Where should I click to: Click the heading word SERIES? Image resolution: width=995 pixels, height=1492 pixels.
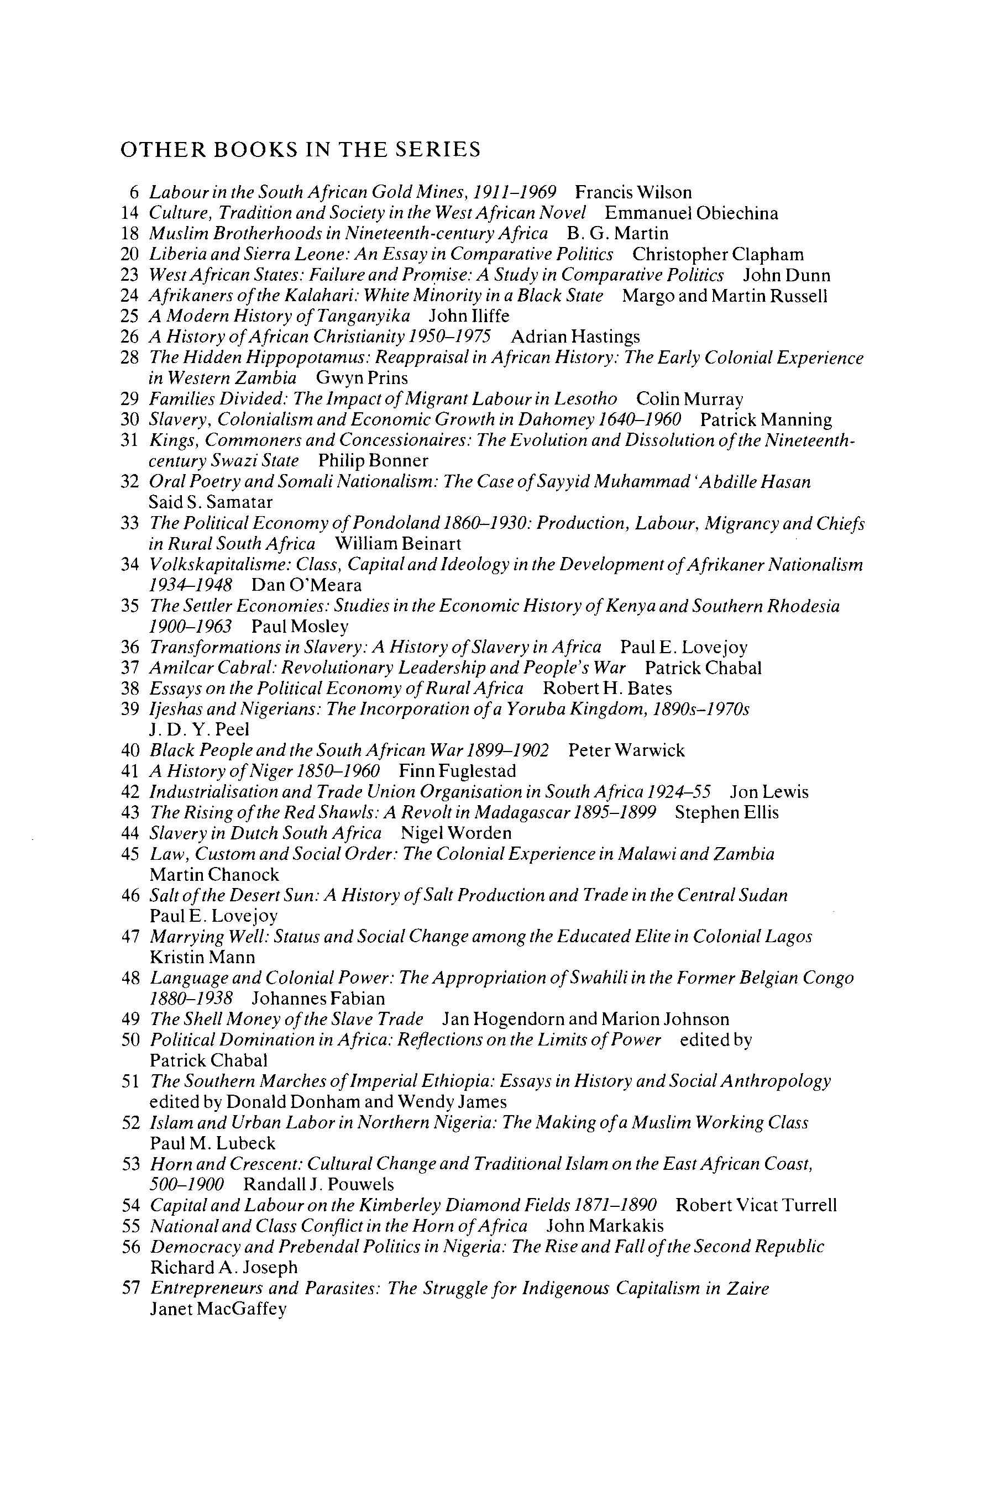pyautogui.click(x=438, y=150)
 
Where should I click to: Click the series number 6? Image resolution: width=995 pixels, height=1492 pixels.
pyautogui.click(x=134, y=192)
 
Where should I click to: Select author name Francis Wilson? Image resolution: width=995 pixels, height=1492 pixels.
pyautogui.click(x=633, y=192)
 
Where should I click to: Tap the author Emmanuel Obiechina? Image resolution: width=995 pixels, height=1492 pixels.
pyautogui.click(x=691, y=213)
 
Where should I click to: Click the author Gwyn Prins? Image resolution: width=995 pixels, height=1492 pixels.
pyautogui.click(x=362, y=378)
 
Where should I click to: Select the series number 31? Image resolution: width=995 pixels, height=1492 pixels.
pyautogui.click(x=129, y=440)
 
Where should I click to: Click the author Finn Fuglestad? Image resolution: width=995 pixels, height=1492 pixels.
pyautogui.click(x=457, y=771)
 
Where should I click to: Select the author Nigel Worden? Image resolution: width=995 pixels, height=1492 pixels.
pyautogui.click(x=455, y=833)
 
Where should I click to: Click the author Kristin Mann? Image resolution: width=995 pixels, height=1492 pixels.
pyautogui.click(x=202, y=957)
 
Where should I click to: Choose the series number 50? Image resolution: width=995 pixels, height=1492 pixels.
pyautogui.click(x=129, y=1040)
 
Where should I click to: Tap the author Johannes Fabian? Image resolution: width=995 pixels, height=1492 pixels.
pyautogui.click(x=318, y=999)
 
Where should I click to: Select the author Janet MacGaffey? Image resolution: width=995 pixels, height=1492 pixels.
pyautogui.click(x=218, y=1309)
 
